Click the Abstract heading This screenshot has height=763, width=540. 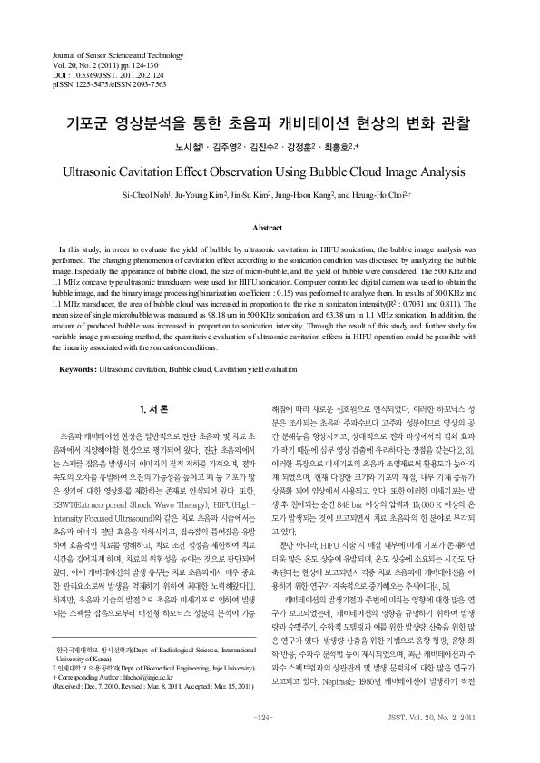tap(270, 229)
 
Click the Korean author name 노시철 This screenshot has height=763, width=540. tap(187, 146)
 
